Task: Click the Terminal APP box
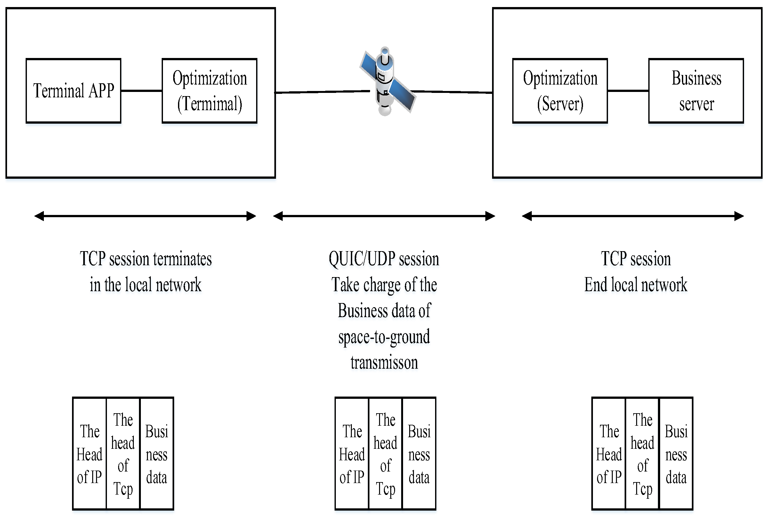[x=73, y=91]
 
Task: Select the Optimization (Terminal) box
[x=210, y=91]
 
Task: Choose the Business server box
[x=696, y=91]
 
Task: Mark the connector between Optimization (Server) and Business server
[x=628, y=91]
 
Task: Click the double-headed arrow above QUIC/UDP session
[x=384, y=216]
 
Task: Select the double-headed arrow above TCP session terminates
[x=145, y=216]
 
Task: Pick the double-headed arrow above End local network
[x=633, y=216]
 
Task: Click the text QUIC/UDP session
[x=384, y=259]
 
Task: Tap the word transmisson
[x=384, y=363]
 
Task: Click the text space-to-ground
[x=384, y=337]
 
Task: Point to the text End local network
[x=635, y=285]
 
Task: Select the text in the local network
[x=145, y=285]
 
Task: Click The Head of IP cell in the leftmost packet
[x=89, y=454]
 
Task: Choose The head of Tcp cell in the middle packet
[x=385, y=454]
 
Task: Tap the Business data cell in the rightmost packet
[x=676, y=454]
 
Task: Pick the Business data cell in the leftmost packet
[x=157, y=454]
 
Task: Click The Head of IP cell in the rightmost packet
[x=609, y=454]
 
